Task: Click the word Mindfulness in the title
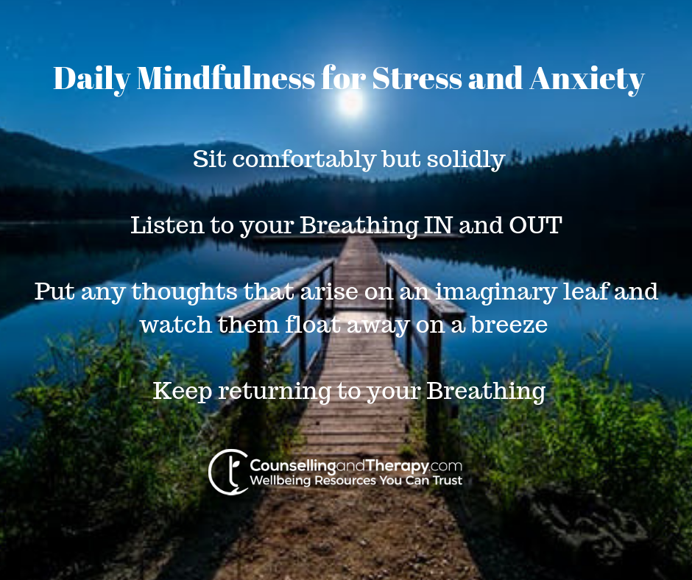tap(225, 79)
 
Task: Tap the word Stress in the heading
tap(417, 79)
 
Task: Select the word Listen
tap(168, 225)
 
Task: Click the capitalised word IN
tap(438, 225)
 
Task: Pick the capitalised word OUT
tap(535, 225)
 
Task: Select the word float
tap(312, 325)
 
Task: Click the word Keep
tap(183, 392)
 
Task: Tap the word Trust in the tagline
tap(447, 480)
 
